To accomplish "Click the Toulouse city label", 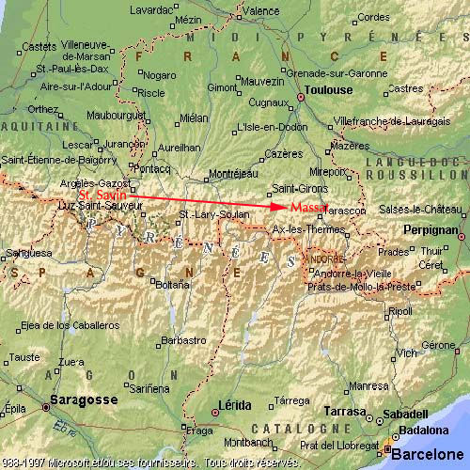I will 327,90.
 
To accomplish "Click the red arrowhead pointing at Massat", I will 279,206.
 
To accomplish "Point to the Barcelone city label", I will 429,455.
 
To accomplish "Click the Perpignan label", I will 430,229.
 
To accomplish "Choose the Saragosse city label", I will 86,399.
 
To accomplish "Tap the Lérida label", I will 234,405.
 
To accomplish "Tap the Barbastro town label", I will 183,340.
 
